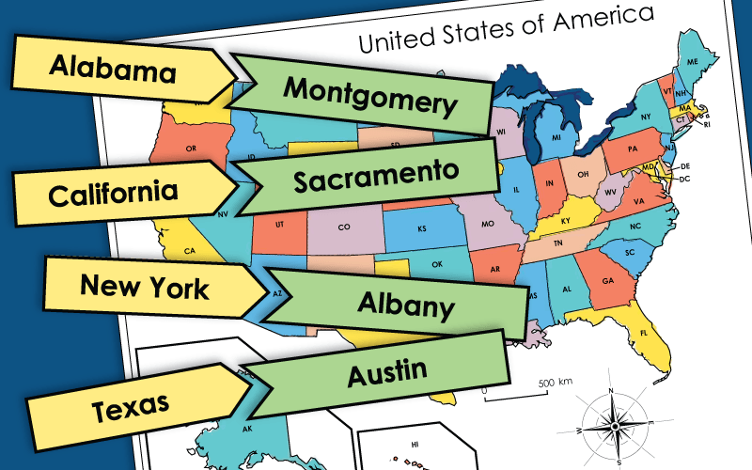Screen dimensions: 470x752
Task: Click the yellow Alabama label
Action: tap(113, 67)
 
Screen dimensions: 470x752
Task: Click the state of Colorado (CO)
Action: tap(344, 227)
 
